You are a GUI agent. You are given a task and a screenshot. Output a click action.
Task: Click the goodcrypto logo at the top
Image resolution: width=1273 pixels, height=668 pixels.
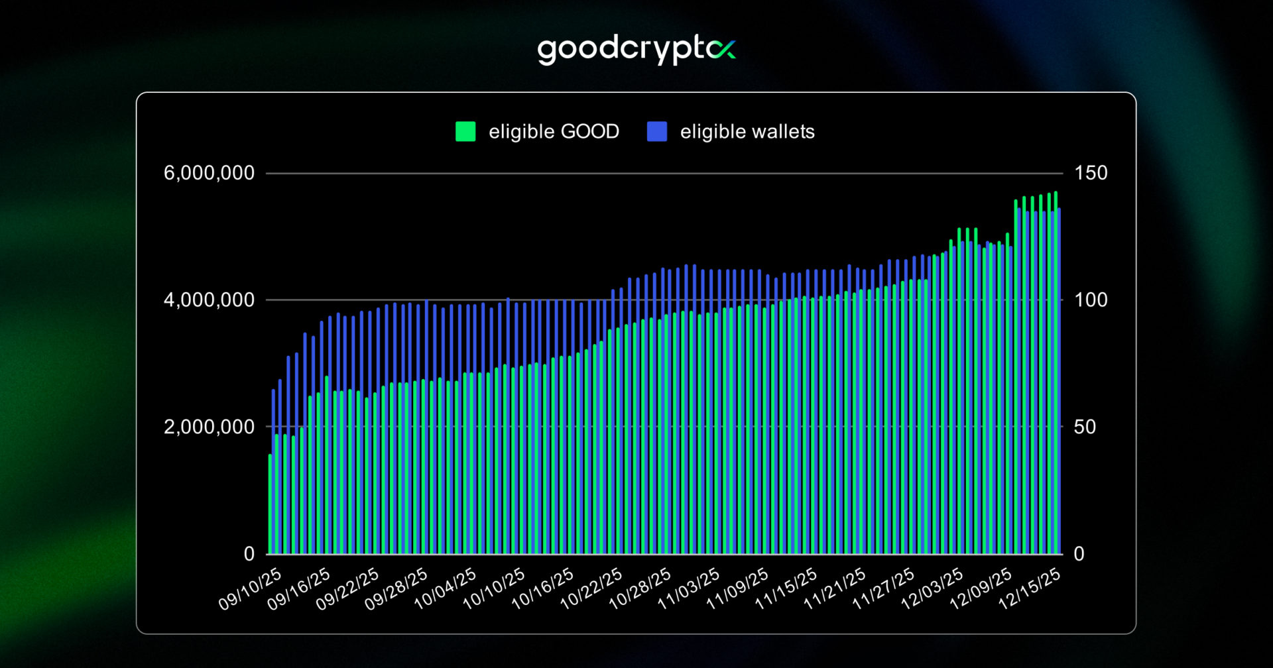(x=636, y=50)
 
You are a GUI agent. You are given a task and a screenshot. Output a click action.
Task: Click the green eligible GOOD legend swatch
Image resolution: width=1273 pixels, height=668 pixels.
(x=465, y=131)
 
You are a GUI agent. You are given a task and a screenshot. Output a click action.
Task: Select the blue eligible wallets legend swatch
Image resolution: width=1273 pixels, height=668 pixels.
(x=656, y=131)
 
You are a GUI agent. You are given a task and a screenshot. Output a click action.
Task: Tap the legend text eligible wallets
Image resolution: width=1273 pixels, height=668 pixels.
(x=747, y=131)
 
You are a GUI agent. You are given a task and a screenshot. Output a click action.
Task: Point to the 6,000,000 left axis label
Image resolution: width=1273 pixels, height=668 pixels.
(x=209, y=173)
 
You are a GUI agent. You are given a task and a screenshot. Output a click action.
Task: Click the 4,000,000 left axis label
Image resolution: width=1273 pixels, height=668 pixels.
(x=209, y=300)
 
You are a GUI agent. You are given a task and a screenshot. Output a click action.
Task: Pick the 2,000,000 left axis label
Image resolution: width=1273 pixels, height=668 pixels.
(x=209, y=427)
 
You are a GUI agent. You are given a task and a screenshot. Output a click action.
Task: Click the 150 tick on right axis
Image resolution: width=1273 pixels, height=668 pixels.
(x=1091, y=173)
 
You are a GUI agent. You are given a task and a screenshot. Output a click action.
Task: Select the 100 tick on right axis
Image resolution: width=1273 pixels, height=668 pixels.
(x=1091, y=300)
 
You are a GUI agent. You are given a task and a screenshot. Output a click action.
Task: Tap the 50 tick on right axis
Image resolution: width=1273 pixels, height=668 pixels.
(x=1085, y=427)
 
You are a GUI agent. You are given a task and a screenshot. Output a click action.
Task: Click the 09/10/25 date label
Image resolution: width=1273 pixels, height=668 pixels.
(x=250, y=589)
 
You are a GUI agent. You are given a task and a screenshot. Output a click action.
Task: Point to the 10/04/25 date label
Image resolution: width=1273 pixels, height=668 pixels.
(x=445, y=589)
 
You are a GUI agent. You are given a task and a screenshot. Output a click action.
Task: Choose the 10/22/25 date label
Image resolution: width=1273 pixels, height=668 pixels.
(x=591, y=589)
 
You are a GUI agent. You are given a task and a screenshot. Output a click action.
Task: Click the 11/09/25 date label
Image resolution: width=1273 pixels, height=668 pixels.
(x=737, y=589)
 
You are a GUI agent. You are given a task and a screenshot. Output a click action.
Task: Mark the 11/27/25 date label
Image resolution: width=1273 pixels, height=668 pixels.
(x=883, y=589)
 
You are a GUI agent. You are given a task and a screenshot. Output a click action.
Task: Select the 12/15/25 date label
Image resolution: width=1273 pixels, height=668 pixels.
(x=1029, y=589)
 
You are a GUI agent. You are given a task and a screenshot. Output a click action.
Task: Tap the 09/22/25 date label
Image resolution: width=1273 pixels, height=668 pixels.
(x=347, y=589)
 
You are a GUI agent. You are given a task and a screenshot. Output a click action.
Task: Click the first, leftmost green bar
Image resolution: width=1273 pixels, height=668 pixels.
(x=270, y=504)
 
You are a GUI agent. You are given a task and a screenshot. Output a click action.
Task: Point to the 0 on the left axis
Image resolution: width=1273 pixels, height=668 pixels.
(x=249, y=553)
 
